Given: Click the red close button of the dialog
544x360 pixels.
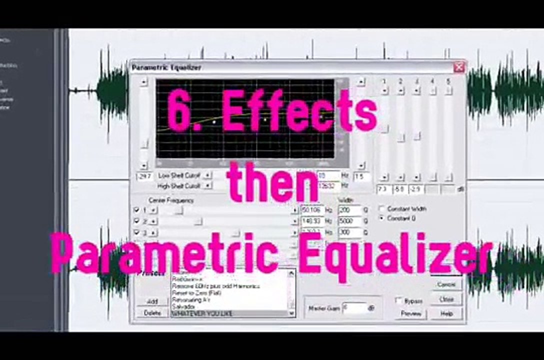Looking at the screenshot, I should click(458, 67).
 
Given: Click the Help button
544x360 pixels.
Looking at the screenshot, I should click(446, 313).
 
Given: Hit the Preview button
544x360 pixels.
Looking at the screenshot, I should click(411, 313).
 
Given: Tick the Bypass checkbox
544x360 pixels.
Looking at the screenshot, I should click(398, 300).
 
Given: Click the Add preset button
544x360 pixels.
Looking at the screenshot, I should click(152, 301).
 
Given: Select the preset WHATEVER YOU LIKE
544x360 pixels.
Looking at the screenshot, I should click(202, 313).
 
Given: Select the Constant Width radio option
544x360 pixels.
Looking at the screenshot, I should click(382, 208).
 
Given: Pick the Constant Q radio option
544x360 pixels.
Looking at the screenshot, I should click(382, 218).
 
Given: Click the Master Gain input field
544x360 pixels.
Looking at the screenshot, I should click(354, 308).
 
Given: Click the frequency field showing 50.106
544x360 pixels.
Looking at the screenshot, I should click(312, 210).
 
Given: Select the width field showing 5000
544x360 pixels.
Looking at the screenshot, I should click(349, 221).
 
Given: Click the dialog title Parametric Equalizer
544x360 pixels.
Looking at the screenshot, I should click(166, 67).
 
